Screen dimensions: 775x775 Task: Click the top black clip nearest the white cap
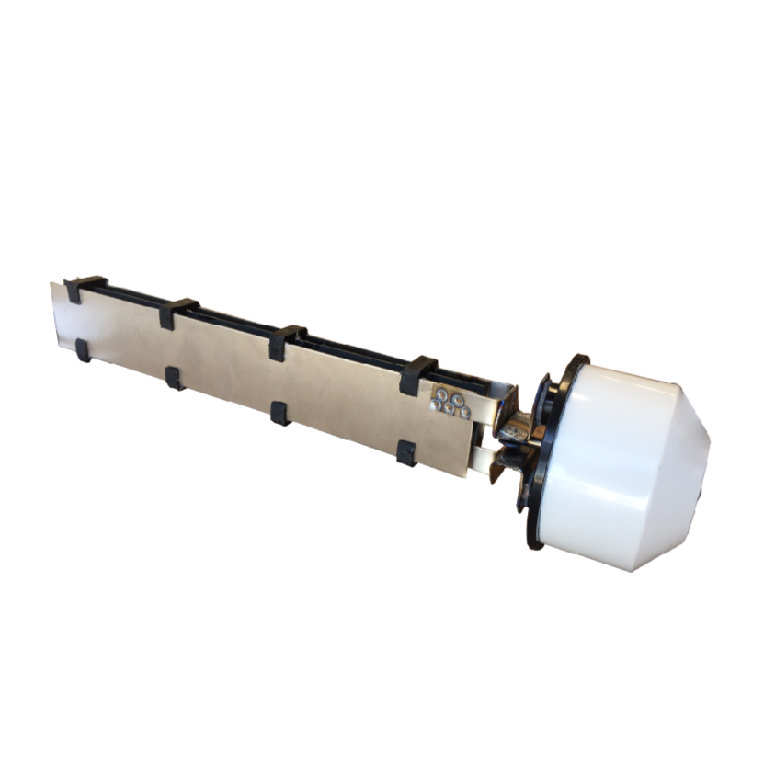click(x=418, y=373)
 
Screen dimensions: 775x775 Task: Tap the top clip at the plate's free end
click(x=85, y=287)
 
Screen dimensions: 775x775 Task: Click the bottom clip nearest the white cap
click(x=405, y=452)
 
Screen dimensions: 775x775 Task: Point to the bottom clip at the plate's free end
click(x=83, y=349)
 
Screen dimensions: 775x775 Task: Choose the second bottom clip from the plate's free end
click(x=174, y=377)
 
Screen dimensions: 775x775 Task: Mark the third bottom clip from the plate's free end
click(x=279, y=412)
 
